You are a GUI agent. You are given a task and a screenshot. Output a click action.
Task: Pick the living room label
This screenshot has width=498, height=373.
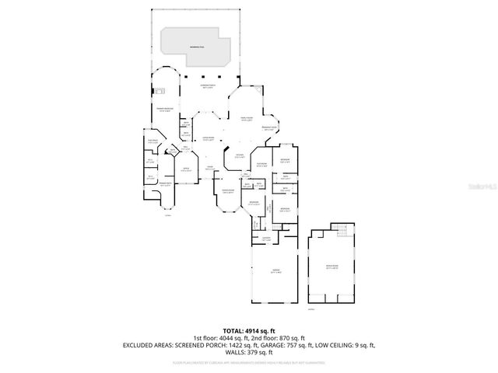pos(208,139)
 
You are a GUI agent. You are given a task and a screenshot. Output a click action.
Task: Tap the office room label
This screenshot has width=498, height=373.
pos(186,169)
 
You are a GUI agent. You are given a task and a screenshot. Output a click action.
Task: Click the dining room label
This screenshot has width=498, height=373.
pos(228,191)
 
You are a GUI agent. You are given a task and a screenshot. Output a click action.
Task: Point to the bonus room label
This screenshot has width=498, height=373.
pos(332,267)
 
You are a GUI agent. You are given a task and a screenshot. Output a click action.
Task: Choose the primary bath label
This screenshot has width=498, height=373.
pos(165,184)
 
